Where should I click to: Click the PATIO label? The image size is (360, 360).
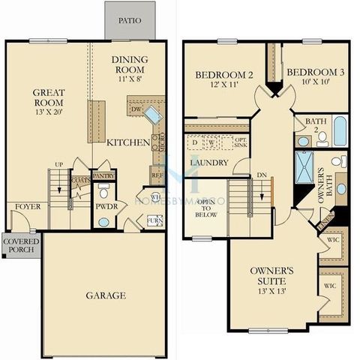[x=129, y=21]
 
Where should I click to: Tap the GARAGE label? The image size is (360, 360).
[x=105, y=295]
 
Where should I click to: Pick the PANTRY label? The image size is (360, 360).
[x=103, y=175]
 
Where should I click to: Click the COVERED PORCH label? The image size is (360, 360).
[x=20, y=247]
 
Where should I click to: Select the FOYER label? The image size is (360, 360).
[x=28, y=206]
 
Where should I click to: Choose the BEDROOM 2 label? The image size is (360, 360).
[x=222, y=79]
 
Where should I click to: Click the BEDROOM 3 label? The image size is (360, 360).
[x=315, y=77]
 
